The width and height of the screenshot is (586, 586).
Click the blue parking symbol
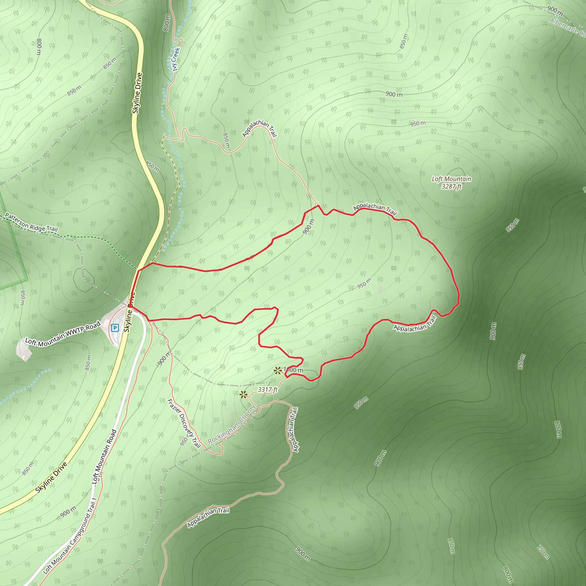(115, 328)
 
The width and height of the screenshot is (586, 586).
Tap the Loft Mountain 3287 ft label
(451, 183)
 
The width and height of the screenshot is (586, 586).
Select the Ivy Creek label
(176, 59)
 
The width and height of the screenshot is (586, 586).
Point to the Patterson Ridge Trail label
(31, 223)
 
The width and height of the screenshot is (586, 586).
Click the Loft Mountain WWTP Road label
(62, 334)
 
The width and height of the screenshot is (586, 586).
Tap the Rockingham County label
(232, 424)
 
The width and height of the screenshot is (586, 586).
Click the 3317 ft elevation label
(268, 389)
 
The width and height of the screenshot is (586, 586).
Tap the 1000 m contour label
(293, 370)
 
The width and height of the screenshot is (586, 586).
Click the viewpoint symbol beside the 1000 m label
(277, 370)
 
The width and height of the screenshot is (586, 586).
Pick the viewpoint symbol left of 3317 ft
(243, 394)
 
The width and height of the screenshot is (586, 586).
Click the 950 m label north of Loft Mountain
(418, 123)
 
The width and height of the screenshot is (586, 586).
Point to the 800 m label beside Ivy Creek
(167, 22)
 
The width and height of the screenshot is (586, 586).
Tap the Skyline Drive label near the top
(137, 93)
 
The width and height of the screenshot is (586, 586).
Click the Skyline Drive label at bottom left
(51, 478)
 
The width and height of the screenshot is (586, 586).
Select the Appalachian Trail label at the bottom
(208, 517)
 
